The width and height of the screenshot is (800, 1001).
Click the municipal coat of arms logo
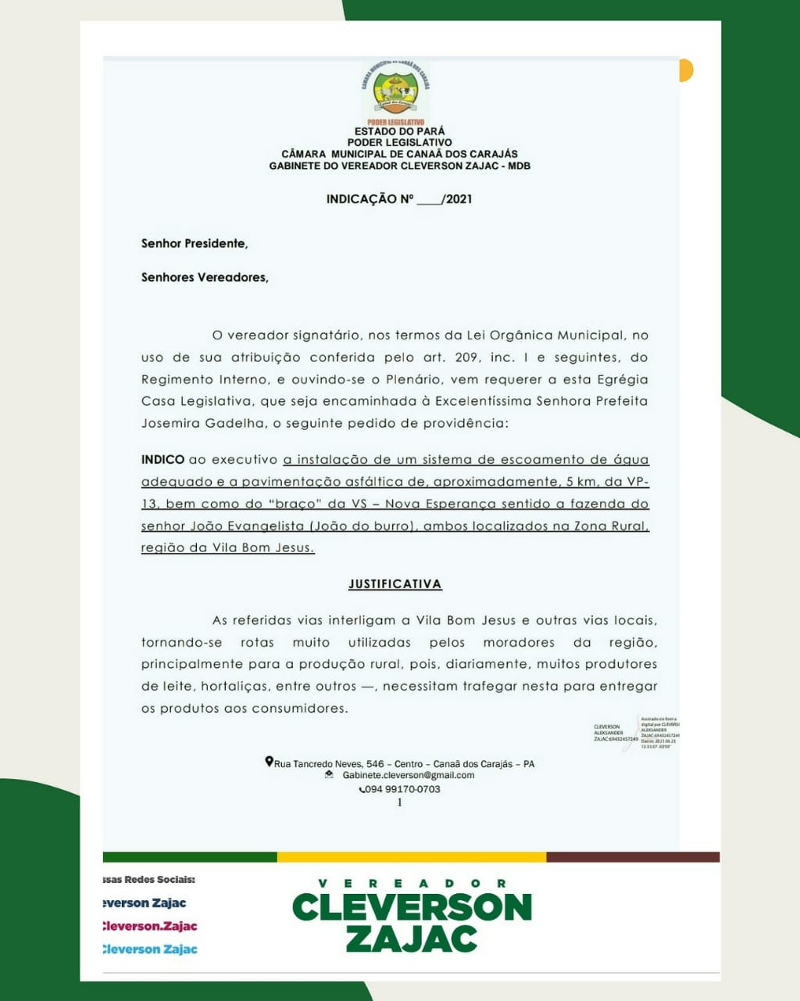click(395, 92)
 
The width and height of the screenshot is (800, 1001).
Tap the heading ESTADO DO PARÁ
click(399, 131)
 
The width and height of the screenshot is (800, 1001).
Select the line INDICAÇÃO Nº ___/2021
click(399, 199)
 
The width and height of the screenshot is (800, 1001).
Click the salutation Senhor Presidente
click(195, 243)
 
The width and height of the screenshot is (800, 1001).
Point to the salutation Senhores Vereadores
click(205, 277)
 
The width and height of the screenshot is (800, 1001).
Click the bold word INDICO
click(162, 460)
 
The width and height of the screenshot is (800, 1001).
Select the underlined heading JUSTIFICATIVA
click(395, 584)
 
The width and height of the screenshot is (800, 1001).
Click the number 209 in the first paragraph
click(461, 357)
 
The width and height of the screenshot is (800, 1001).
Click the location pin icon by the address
click(269, 762)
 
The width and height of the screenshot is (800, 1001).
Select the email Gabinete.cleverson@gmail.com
click(409, 775)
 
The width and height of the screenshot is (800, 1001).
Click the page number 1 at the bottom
click(400, 802)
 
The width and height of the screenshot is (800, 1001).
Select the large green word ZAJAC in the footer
click(412, 938)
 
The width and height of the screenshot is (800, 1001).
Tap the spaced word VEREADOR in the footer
click(412, 883)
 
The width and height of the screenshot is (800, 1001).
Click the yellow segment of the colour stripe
click(412, 857)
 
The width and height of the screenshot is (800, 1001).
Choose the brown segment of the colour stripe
click(633, 857)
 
